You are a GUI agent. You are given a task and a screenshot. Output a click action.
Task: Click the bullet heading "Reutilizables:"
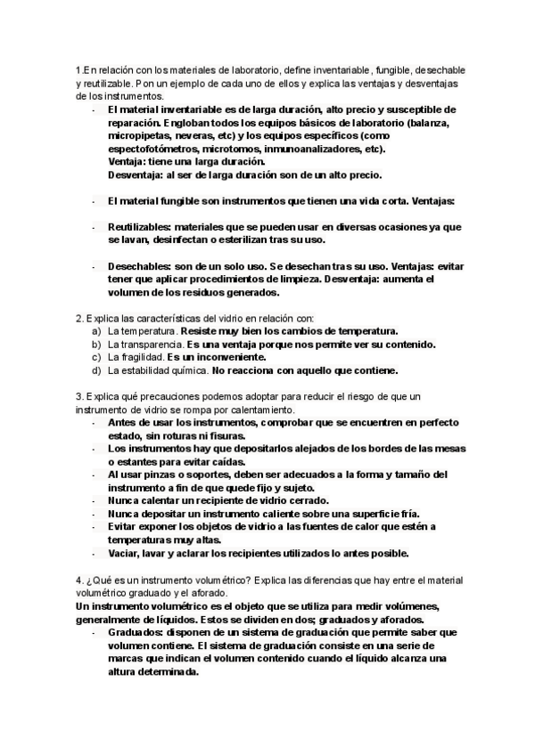click(x=146, y=227)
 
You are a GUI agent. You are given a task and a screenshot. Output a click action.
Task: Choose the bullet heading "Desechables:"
click(x=144, y=266)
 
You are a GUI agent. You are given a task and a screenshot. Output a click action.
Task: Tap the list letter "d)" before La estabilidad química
click(x=97, y=369)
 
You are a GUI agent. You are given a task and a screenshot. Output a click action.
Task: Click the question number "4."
click(x=79, y=580)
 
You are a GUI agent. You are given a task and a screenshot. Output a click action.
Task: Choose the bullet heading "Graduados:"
click(x=139, y=632)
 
